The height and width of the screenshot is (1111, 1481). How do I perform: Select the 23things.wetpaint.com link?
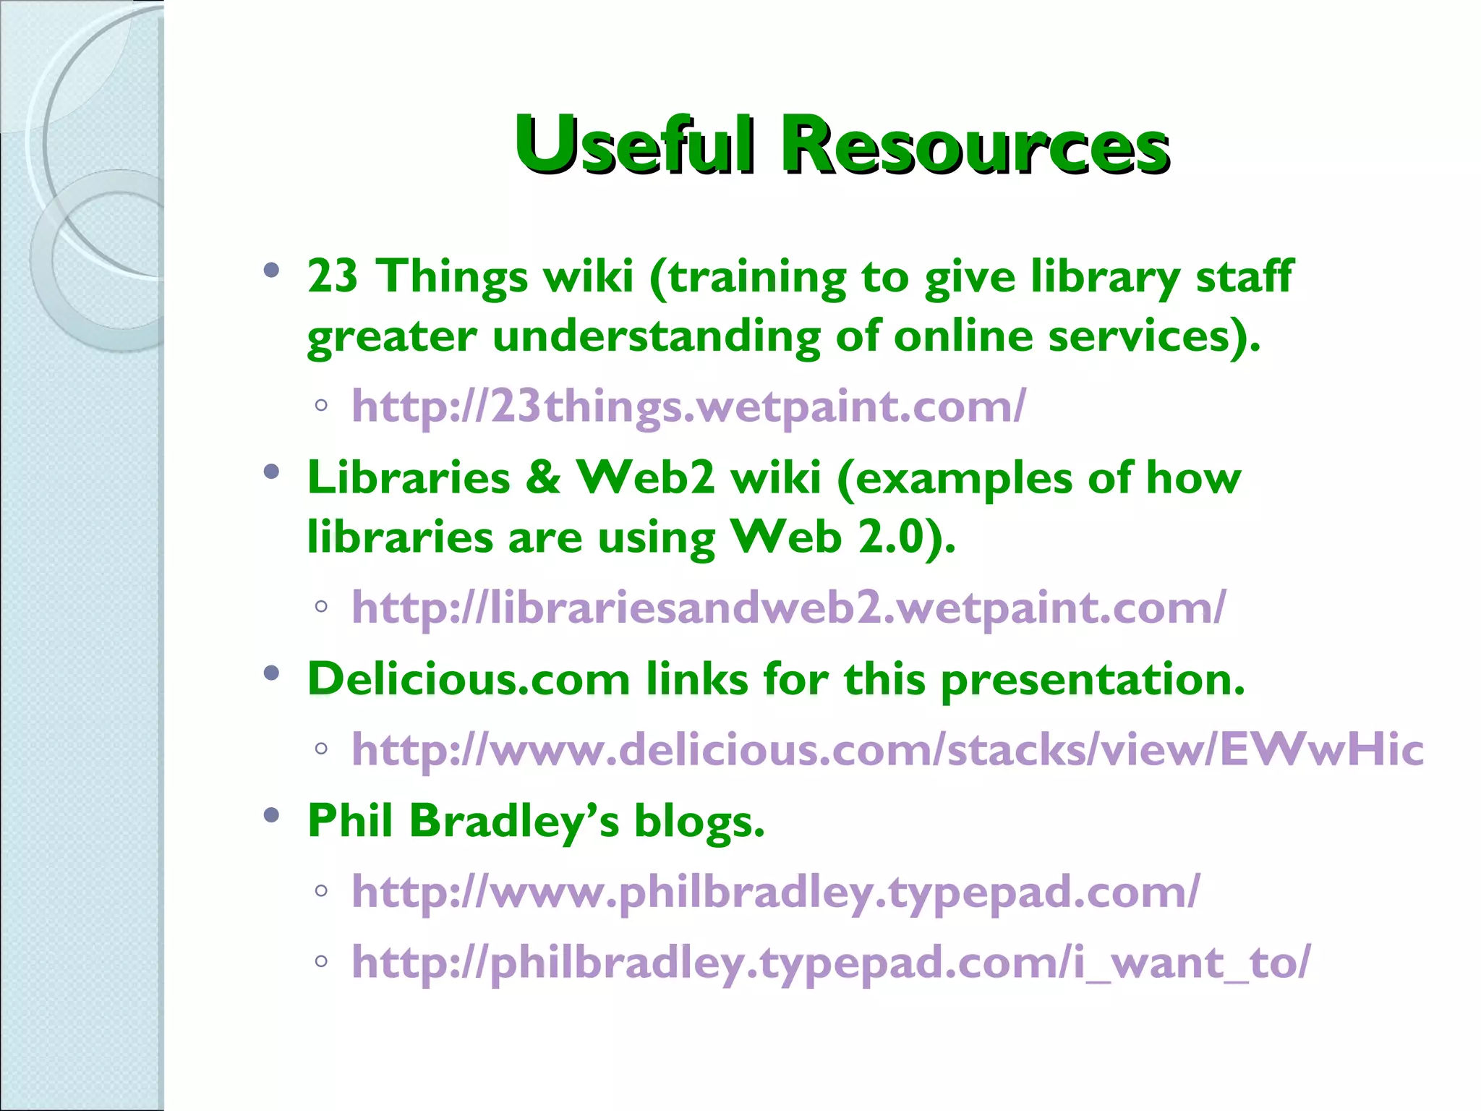[688, 406]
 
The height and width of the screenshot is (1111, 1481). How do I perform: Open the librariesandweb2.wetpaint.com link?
[788, 608]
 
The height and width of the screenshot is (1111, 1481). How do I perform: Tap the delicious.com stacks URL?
[887, 749]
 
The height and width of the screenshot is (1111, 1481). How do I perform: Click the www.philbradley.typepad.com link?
[775, 891]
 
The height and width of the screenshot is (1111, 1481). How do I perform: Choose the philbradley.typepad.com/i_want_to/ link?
[830, 962]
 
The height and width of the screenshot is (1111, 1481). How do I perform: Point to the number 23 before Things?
[332, 276]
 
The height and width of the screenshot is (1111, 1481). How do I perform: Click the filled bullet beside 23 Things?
[272, 271]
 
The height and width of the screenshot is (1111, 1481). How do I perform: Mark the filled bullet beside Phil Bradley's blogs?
[272, 816]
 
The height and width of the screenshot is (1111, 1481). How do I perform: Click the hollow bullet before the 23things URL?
[321, 405]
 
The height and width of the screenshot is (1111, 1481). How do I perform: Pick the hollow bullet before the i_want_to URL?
[321, 961]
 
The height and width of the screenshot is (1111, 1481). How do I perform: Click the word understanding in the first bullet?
[656, 336]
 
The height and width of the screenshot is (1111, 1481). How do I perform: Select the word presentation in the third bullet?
[1092, 679]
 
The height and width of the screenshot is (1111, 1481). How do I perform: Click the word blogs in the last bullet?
[699, 821]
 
